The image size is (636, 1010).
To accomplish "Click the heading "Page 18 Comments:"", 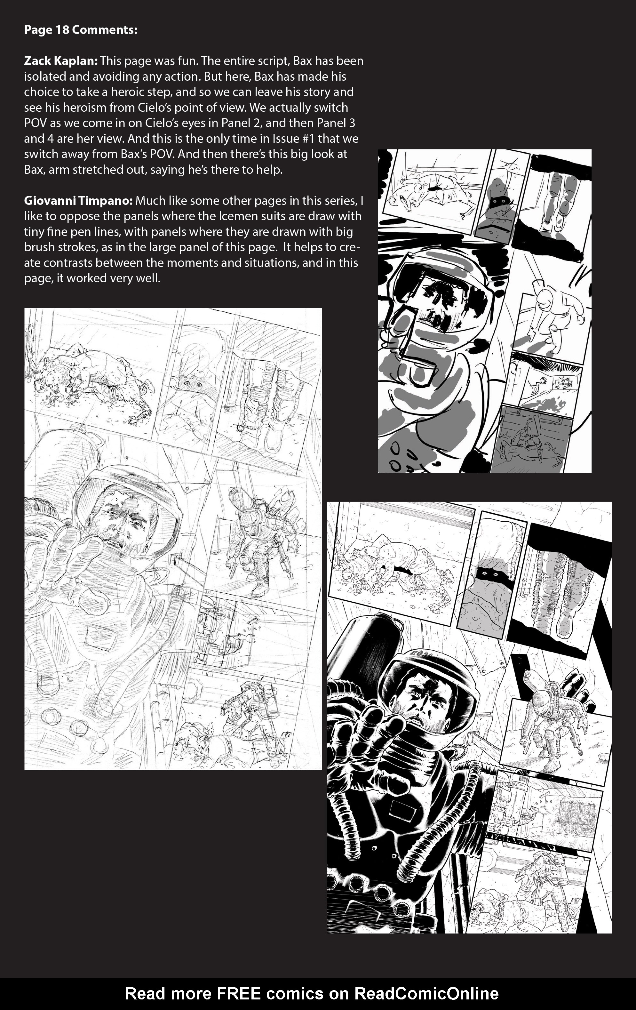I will [81, 30].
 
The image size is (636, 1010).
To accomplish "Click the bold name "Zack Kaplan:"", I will [61, 61].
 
